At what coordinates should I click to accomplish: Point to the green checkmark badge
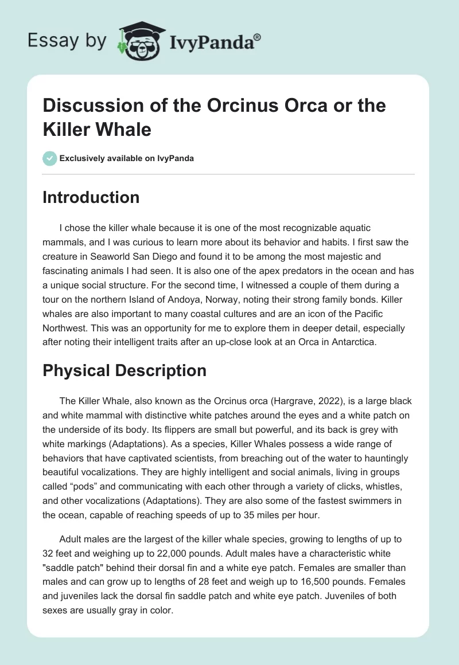point(49,158)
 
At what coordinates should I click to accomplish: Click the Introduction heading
point(91,197)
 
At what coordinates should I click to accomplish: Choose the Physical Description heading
point(125,370)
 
